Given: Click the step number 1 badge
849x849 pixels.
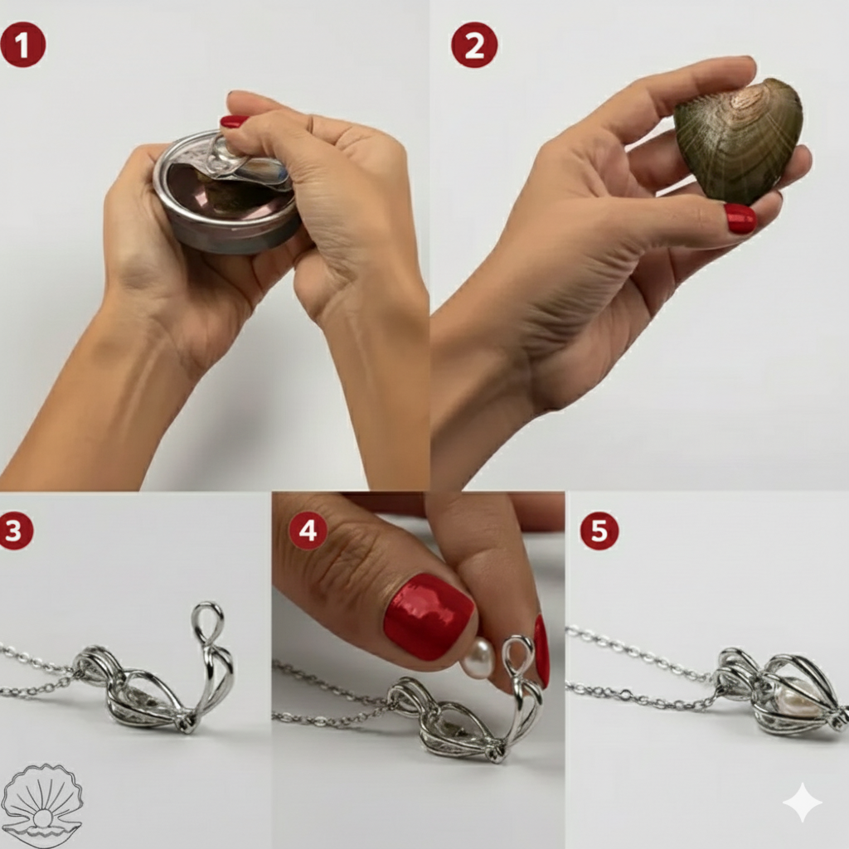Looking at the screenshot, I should point(22,45).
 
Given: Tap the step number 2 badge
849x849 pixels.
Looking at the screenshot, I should point(474,45).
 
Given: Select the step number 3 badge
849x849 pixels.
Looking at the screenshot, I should point(16,531).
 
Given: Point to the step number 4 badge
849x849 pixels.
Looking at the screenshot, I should point(308,531).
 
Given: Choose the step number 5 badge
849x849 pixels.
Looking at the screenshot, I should point(599,531).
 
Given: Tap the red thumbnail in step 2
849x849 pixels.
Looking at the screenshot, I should point(740,218).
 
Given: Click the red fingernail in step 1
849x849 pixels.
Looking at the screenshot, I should point(234,121).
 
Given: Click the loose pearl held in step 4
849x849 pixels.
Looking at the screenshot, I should point(478,658).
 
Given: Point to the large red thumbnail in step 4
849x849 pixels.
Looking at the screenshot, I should point(428,617).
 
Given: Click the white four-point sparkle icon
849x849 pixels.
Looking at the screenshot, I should point(802,803).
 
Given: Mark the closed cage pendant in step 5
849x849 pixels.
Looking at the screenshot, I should point(779,692).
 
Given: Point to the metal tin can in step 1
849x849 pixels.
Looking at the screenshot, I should point(224,195).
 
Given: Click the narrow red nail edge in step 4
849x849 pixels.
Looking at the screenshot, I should point(541,651).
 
